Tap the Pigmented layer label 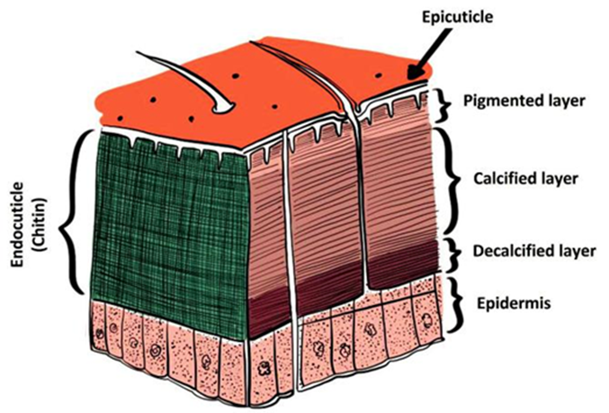coord(514,101)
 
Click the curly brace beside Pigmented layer coord(443,103)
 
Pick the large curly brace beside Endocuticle coord(72,211)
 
